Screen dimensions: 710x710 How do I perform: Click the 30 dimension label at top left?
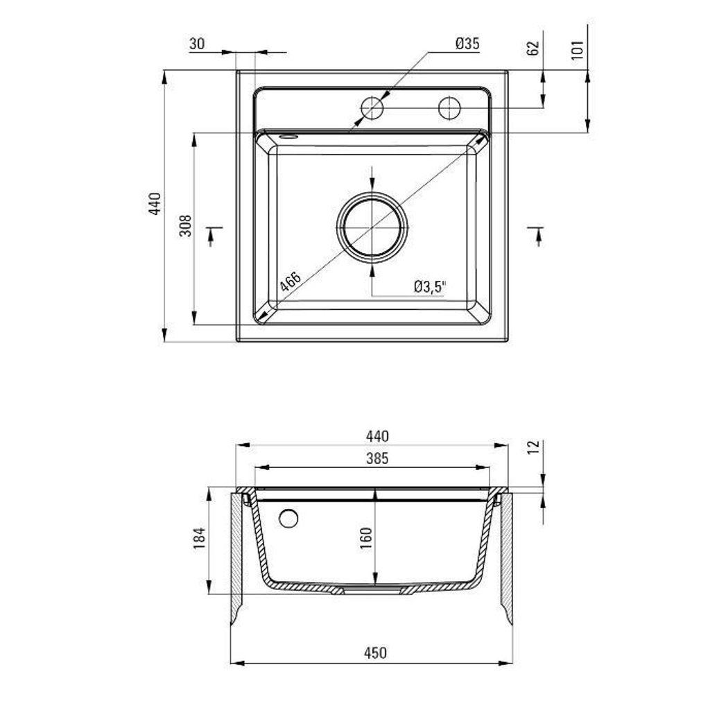[197, 44]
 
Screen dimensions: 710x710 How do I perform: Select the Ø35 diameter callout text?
[467, 44]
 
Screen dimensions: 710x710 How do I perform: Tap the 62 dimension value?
[533, 48]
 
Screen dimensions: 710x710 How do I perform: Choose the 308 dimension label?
[186, 227]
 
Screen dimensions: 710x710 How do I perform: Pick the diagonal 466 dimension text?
[290, 283]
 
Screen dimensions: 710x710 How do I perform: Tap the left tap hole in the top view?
[372, 108]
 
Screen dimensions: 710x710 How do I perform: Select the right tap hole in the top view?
[449, 108]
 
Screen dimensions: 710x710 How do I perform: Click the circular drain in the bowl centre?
[372, 227]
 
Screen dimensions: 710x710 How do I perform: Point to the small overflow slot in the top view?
[286, 137]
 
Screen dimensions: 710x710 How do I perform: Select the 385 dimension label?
[377, 458]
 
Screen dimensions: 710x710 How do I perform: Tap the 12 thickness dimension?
[533, 447]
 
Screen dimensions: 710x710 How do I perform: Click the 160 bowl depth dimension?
[366, 538]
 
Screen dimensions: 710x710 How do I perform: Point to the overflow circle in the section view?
[288, 518]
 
